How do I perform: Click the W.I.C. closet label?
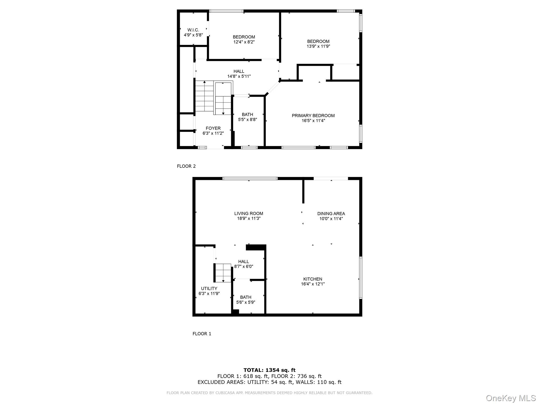coord(193,30)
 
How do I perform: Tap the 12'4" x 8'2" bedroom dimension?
coord(244,42)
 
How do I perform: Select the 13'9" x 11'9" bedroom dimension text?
coord(318,46)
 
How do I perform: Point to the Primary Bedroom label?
coord(313,115)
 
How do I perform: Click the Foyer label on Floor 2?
coord(213,128)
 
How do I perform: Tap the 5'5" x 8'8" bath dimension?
coord(247,119)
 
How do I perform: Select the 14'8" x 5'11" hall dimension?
coord(239,77)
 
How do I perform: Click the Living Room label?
coord(248,214)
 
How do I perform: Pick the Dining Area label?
coord(331,214)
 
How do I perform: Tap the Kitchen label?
coord(312,279)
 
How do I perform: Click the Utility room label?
coord(209,289)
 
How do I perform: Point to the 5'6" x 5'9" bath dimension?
coord(246,302)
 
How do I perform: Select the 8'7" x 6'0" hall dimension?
coord(243,266)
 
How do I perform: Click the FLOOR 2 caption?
coord(186,166)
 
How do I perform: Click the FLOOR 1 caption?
coord(202,334)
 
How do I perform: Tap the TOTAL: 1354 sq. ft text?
coord(269,370)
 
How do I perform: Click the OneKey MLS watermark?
coord(511,398)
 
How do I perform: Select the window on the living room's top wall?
coord(250,179)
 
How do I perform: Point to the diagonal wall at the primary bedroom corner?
coord(273,88)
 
